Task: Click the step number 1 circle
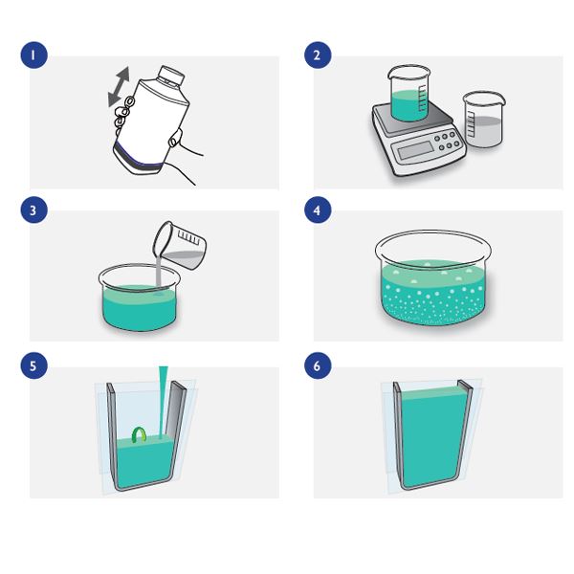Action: [34, 55]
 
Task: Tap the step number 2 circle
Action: [318, 55]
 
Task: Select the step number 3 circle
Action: [34, 210]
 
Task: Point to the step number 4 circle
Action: [318, 210]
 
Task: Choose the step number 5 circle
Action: [34, 365]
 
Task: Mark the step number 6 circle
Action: [318, 365]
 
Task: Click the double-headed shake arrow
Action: [120, 87]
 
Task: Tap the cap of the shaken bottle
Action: [171, 76]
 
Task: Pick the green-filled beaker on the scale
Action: [408, 94]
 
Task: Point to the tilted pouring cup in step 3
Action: [180, 245]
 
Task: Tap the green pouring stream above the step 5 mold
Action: [163, 402]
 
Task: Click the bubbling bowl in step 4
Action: [433, 277]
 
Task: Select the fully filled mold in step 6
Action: [431, 435]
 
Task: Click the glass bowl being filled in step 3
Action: [139, 298]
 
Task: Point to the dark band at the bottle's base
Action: [139, 159]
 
